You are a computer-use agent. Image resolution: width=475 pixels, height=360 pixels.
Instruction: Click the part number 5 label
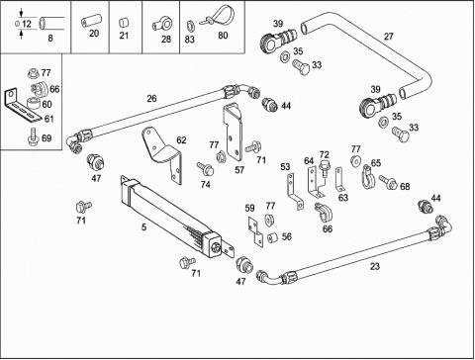click(143, 227)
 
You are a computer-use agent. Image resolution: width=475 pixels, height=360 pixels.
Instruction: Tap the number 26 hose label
click(151, 99)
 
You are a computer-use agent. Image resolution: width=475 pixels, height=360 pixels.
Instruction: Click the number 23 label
click(375, 266)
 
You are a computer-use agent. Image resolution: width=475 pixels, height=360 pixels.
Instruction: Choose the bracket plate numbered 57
click(233, 131)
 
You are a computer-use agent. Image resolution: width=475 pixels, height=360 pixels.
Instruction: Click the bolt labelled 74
click(205, 168)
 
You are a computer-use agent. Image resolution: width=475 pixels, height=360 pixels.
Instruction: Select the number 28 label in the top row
click(166, 40)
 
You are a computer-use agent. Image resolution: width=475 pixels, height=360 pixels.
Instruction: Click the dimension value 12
click(27, 24)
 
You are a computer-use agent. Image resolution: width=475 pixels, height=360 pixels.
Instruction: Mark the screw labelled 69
click(33, 137)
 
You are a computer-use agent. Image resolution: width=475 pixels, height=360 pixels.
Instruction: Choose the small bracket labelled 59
click(255, 231)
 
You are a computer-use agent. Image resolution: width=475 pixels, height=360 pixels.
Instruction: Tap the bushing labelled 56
click(273, 237)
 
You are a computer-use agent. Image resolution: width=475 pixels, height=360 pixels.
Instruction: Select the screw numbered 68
click(387, 182)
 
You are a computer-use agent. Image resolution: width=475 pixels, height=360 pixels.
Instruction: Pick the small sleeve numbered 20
click(88, 22)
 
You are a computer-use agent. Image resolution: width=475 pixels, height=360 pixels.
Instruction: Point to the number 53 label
click(285, 167)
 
